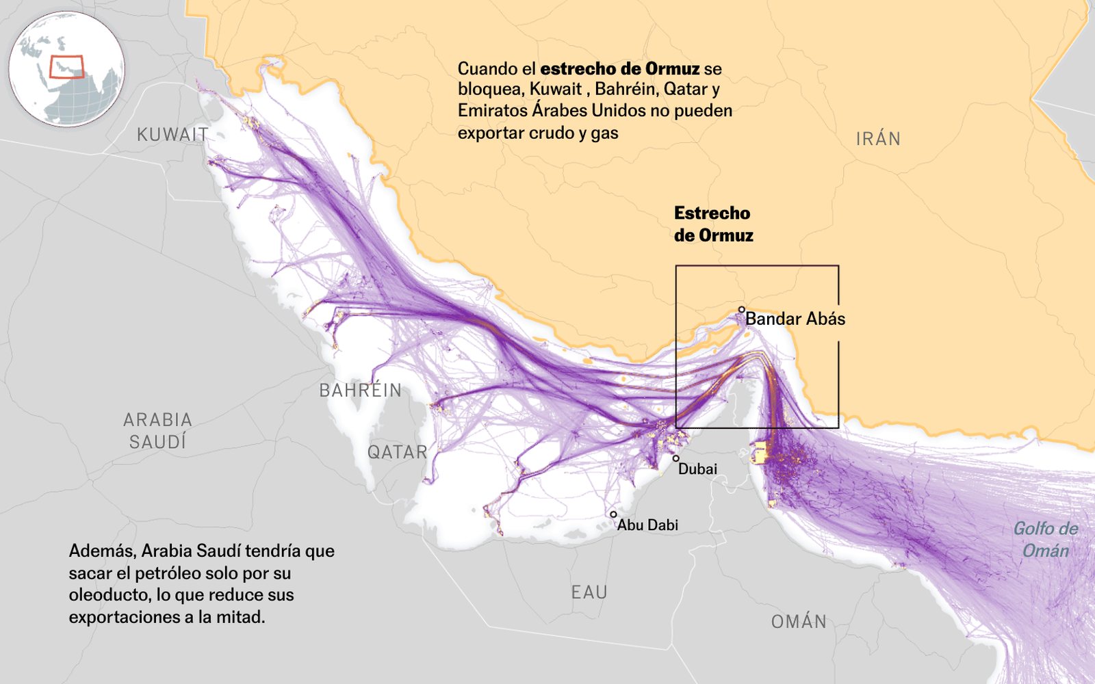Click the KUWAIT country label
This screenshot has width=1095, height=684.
point(172,135)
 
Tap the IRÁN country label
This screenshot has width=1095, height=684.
point(878,139)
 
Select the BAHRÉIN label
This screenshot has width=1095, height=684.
point(361,391)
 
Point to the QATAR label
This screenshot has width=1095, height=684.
point(397,452)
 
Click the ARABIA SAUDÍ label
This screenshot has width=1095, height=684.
point(158,431)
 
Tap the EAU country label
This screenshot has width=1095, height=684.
point(589,592)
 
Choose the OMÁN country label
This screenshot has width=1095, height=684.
point(799,622)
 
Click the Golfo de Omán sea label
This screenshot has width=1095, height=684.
point(1045,540)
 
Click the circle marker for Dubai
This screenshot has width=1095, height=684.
point(675,459)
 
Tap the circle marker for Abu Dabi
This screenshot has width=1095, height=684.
point(613,514)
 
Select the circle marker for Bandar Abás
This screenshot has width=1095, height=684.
point(741,310)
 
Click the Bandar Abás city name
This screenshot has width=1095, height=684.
point(795,319)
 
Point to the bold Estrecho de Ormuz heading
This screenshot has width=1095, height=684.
point(713,224)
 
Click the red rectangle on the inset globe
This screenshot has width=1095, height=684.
point(66,67)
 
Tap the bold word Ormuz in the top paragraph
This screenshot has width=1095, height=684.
point(672,69)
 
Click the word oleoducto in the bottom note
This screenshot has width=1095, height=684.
point(109,595)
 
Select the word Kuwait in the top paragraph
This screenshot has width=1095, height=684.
point(555,90)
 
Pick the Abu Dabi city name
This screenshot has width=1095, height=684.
point(647,525)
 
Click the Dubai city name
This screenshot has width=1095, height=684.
point(697,469)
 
